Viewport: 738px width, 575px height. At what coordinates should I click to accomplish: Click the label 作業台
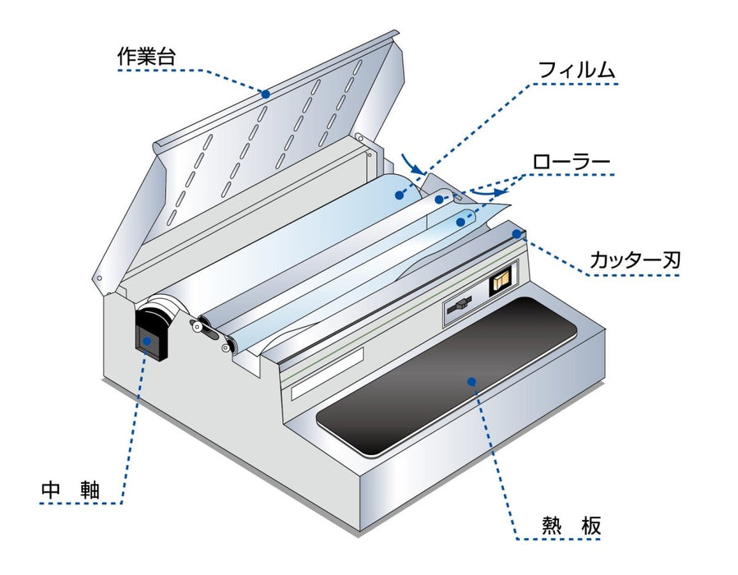[x=145, y=57]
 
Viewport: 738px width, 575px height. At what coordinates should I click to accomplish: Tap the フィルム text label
[x=575, y=70]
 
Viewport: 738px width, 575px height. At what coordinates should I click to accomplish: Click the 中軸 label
[x=71, y=491]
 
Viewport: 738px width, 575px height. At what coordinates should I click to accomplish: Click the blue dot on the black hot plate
[x=471, y=380]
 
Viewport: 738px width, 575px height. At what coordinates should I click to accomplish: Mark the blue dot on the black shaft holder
[x=148, y=341]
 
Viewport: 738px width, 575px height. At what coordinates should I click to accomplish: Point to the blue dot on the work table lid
[x=266, y=94]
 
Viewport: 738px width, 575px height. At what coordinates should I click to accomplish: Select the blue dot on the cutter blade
[x=516, y=234]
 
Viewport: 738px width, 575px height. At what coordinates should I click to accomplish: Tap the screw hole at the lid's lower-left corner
[x=99, y=278]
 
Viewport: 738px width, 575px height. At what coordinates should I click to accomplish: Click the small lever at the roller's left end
[x=199, y=326]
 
